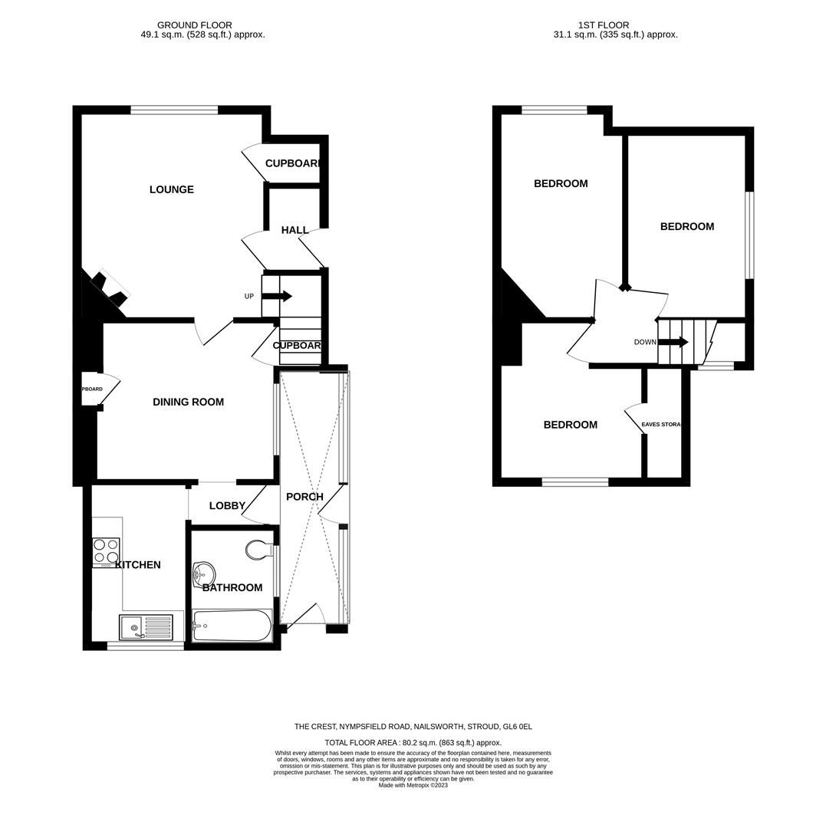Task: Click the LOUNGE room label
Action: coord(171,189)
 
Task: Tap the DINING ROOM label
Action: coord(188,402)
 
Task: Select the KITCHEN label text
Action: coord(138,565)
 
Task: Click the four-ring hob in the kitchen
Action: coord(106,550)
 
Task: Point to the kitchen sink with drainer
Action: coord(146,627)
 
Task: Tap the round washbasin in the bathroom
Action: coord(204,573)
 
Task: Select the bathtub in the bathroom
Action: coord(232,626)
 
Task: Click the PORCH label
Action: coord(304,497)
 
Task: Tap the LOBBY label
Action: coord(227,505)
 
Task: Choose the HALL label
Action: coord(295,230)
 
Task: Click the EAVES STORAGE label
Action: coord(661,424)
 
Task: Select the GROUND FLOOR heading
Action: coord(194,25)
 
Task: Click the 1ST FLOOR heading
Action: coord(615,25)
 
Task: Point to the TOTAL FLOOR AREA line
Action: coord(413,742)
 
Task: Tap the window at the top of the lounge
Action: coord(174,110)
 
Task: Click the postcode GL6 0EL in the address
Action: coord(518,726)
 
